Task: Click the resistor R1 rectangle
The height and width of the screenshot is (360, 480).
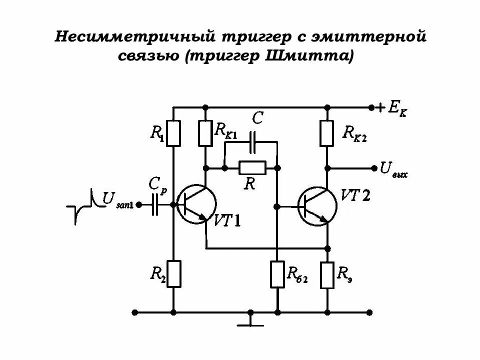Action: pyautogui.click(x=173, y=133)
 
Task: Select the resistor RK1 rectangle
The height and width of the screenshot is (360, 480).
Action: pyautogui.click(x=205, y=133)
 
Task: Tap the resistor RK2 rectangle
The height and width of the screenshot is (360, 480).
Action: pyautogui.click(x=327, y=133)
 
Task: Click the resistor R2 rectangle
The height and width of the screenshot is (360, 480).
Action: pyautogui.click(x=173, y=274)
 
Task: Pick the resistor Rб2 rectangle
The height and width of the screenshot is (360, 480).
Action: pyautogui.click(x=276, y=274)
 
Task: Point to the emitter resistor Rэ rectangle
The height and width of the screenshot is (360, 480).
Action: pyautogui.click(x=327, y=274)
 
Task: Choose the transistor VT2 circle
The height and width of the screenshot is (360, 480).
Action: pyautogui.click(x=316, y=206)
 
